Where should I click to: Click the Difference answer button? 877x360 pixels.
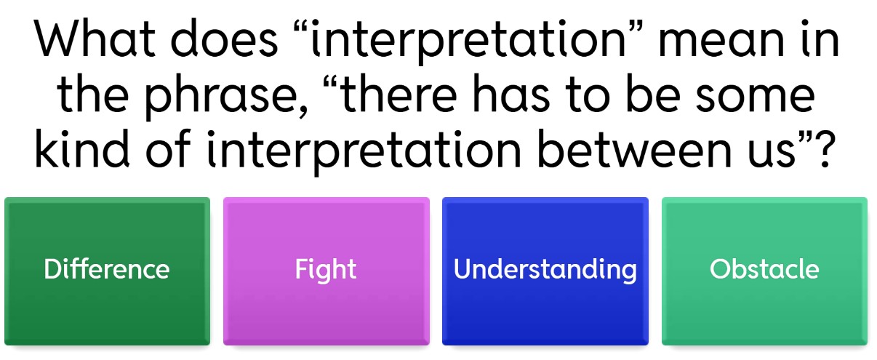click(108, 271)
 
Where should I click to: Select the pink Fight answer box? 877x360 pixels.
click(326, 271)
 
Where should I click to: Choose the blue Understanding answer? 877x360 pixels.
click(545, 271)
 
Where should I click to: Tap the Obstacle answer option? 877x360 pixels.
click(764, 271)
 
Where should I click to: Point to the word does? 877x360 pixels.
click(224, 38)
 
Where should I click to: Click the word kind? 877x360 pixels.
click(82, 149)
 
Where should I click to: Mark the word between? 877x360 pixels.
click(634, 149)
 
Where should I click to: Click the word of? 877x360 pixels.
click(169, 149)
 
